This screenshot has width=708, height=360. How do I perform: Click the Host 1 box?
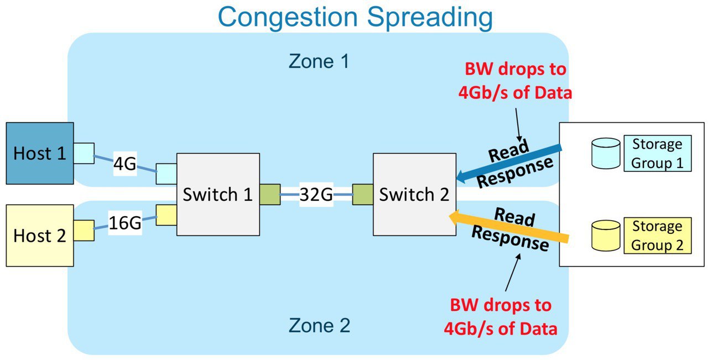pyautogui.click(x=40, y=153)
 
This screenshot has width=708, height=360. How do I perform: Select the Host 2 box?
pyautogui.click(x=40, y=236)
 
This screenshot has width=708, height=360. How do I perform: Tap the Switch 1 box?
pyautogui.click(x=218, y=195)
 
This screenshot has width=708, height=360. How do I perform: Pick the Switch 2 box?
pyautogui.click(x=414, y=195)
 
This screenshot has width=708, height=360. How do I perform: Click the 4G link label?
pyautogui.click(x=125, y=164)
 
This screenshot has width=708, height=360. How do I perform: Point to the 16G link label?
pyautogui.click(x=125, y=223)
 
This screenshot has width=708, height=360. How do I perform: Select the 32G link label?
pyautogui.click(x=316, y=195)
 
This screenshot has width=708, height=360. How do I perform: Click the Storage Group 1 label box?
pyautogui.click(x=658, y=153)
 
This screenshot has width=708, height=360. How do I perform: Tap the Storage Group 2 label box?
pyautogui.click(x=658, y=236)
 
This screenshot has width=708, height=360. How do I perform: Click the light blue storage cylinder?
pyautogui.click(x=606, y=153)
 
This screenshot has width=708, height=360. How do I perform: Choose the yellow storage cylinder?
pyautogui.click(x=606, y=236)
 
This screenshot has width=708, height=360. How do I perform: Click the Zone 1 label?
pyautogui.click(x=319, y=61)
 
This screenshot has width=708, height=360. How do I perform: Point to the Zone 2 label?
pyautogui.click(x=319, y=325)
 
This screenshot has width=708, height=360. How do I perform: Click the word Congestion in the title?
pyautogui.click(x=288, y=17)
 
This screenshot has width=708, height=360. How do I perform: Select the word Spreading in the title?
pyautogui.click(x=430, y=17)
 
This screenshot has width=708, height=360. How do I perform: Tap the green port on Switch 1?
pyautogui.click(x=270, y=195)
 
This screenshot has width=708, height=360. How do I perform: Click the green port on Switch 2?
pyautogui.click(x=363, y=195)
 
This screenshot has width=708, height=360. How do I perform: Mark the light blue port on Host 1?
pyautogui.click(x=84, y=153)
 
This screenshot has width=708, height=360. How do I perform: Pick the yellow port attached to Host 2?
pyautogui.click(x=84, y=231)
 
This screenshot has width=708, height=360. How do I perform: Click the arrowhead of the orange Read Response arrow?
pyautogui.click(x=455, y=217)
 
